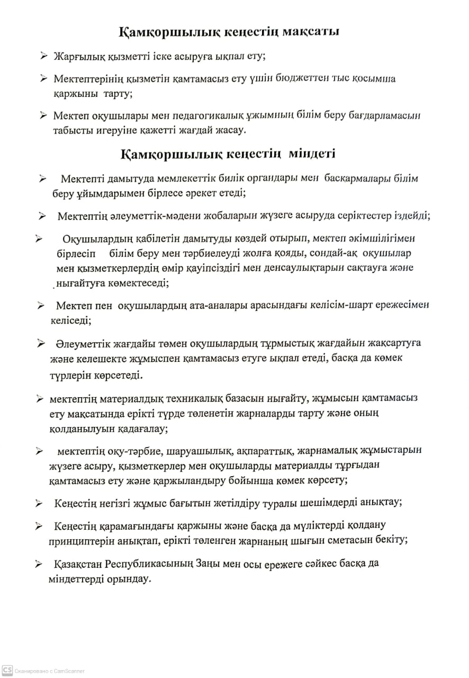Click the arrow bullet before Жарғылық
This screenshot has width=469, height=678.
(x=43, y=56)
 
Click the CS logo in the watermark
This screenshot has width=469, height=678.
(x=7, y=670)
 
